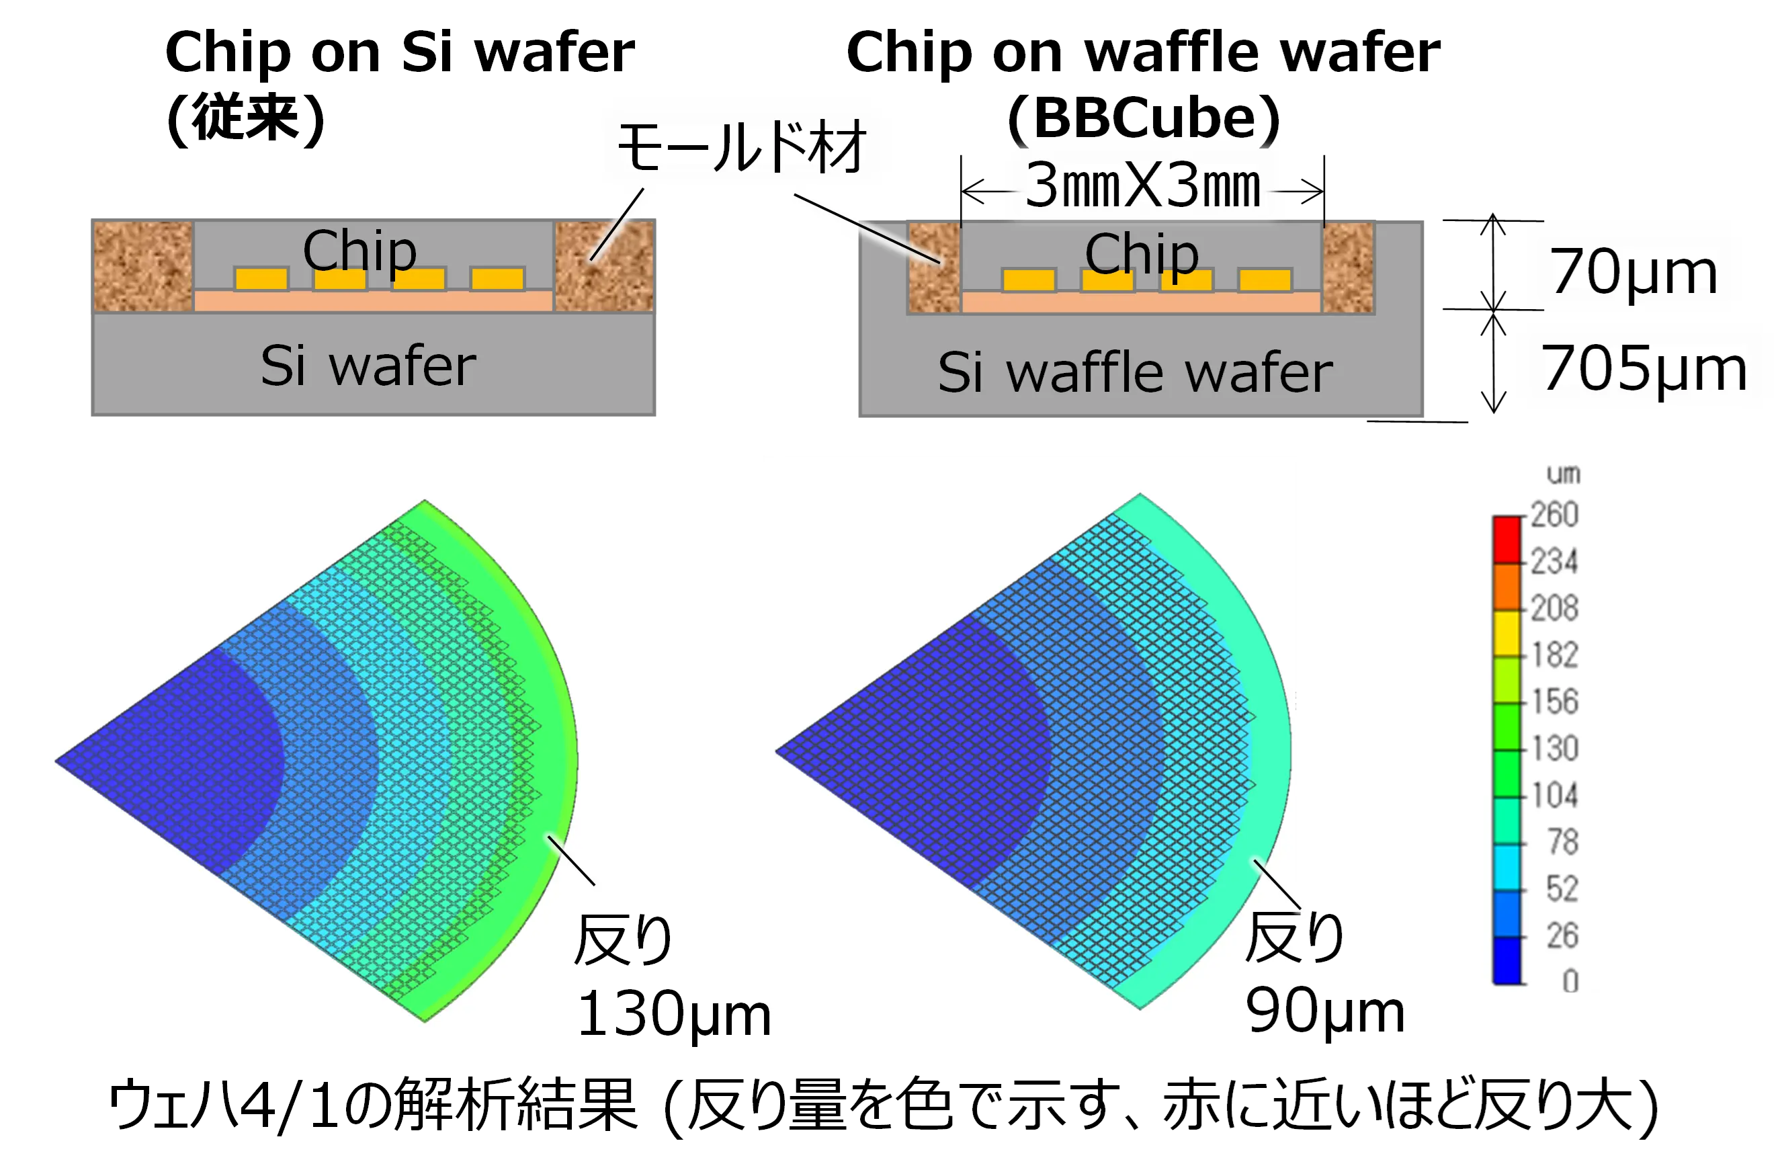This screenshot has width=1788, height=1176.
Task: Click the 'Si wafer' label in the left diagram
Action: [368, 366]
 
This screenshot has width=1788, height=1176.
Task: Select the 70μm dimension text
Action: [1634, 272]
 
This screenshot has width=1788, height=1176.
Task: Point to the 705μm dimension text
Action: [1644, 368]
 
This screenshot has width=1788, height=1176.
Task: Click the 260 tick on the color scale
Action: [1554, 515]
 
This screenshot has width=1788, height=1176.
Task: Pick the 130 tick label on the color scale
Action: [1554, 749]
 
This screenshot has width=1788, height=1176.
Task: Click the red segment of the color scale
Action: [1506, 540]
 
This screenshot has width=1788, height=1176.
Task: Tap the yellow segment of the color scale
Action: [1506, 634]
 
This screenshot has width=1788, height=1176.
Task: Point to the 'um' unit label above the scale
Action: [1564, 474]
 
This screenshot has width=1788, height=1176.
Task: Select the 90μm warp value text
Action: [1325, 1011]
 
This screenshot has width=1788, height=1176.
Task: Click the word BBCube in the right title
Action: [1145, 118]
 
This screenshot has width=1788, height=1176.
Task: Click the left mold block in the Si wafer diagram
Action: [142, 266]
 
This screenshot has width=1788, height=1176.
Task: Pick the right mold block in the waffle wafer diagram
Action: [1349, 267]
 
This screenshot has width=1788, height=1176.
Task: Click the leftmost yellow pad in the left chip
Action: [261, 278]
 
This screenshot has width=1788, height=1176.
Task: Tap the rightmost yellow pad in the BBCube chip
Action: [1265, 280]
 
